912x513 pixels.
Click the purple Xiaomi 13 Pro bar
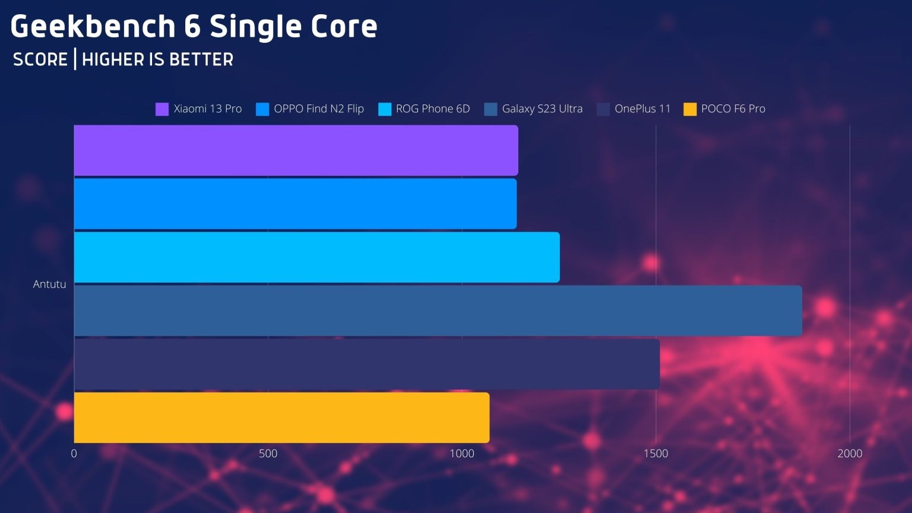[296, 150]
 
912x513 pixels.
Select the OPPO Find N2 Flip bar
[295, 204]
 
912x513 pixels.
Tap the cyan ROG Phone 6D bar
[316, 257]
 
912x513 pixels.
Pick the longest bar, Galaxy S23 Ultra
[438, 311]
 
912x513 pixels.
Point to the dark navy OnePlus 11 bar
[366, 364]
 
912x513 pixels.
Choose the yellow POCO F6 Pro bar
[281, 417]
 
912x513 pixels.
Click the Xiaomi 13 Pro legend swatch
[162, 109]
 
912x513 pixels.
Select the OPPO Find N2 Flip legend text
[318, 109]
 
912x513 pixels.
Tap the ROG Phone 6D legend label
[433, 109]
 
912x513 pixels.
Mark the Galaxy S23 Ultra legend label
[542, 109]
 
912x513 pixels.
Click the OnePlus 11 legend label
[642, 109]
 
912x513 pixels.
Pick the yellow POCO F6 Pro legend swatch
[690, 109]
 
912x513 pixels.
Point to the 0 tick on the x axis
[74, 454]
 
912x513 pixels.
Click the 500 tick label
[268, 454]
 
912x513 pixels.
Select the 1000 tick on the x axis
[462, 454]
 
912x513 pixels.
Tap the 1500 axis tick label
[655, 454]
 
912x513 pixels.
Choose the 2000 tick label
[850, 454]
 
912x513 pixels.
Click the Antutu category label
[49, 284]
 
